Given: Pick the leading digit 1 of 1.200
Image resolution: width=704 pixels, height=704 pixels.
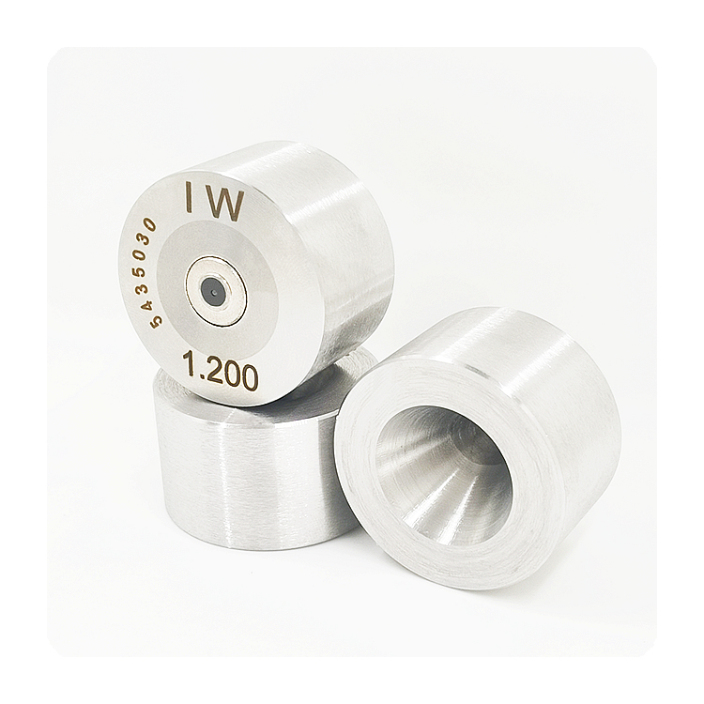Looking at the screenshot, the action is click(x=188, y=363).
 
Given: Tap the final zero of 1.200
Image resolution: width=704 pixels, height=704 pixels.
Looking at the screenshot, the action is click(x=250, y=375).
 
